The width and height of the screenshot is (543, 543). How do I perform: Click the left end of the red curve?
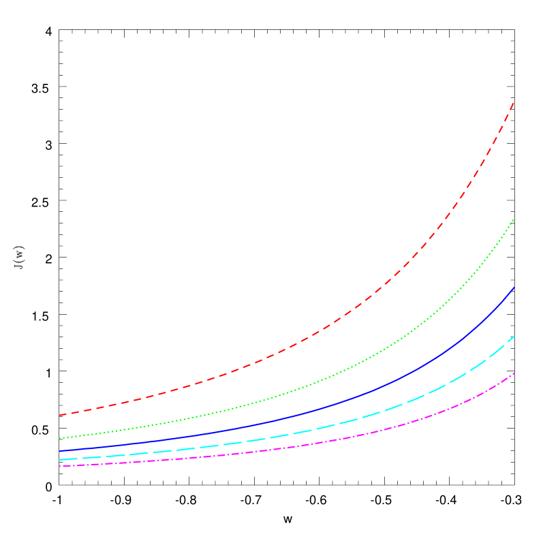point(60,415)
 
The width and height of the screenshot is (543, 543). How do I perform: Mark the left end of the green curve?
point(60,438)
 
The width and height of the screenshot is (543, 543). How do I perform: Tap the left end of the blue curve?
point(60,451)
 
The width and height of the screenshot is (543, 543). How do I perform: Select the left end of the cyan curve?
point(60,460)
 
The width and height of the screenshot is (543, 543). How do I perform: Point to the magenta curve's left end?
point(60,467)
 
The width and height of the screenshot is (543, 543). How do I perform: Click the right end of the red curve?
point(514,102)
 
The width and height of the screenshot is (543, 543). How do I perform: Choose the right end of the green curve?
point(514,219)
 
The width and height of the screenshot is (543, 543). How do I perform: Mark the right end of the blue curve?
point(514,288)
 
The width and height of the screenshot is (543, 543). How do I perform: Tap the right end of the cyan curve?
point(514,336)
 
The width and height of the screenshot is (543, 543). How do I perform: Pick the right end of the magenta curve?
point(514,373)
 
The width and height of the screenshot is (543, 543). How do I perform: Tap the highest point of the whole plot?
point(514,102)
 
